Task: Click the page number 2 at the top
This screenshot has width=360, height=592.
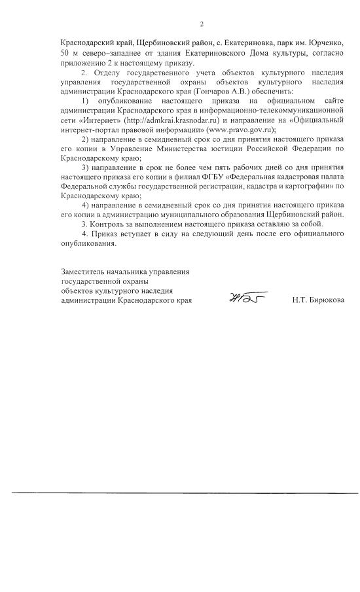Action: click(x=202, y=25)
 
